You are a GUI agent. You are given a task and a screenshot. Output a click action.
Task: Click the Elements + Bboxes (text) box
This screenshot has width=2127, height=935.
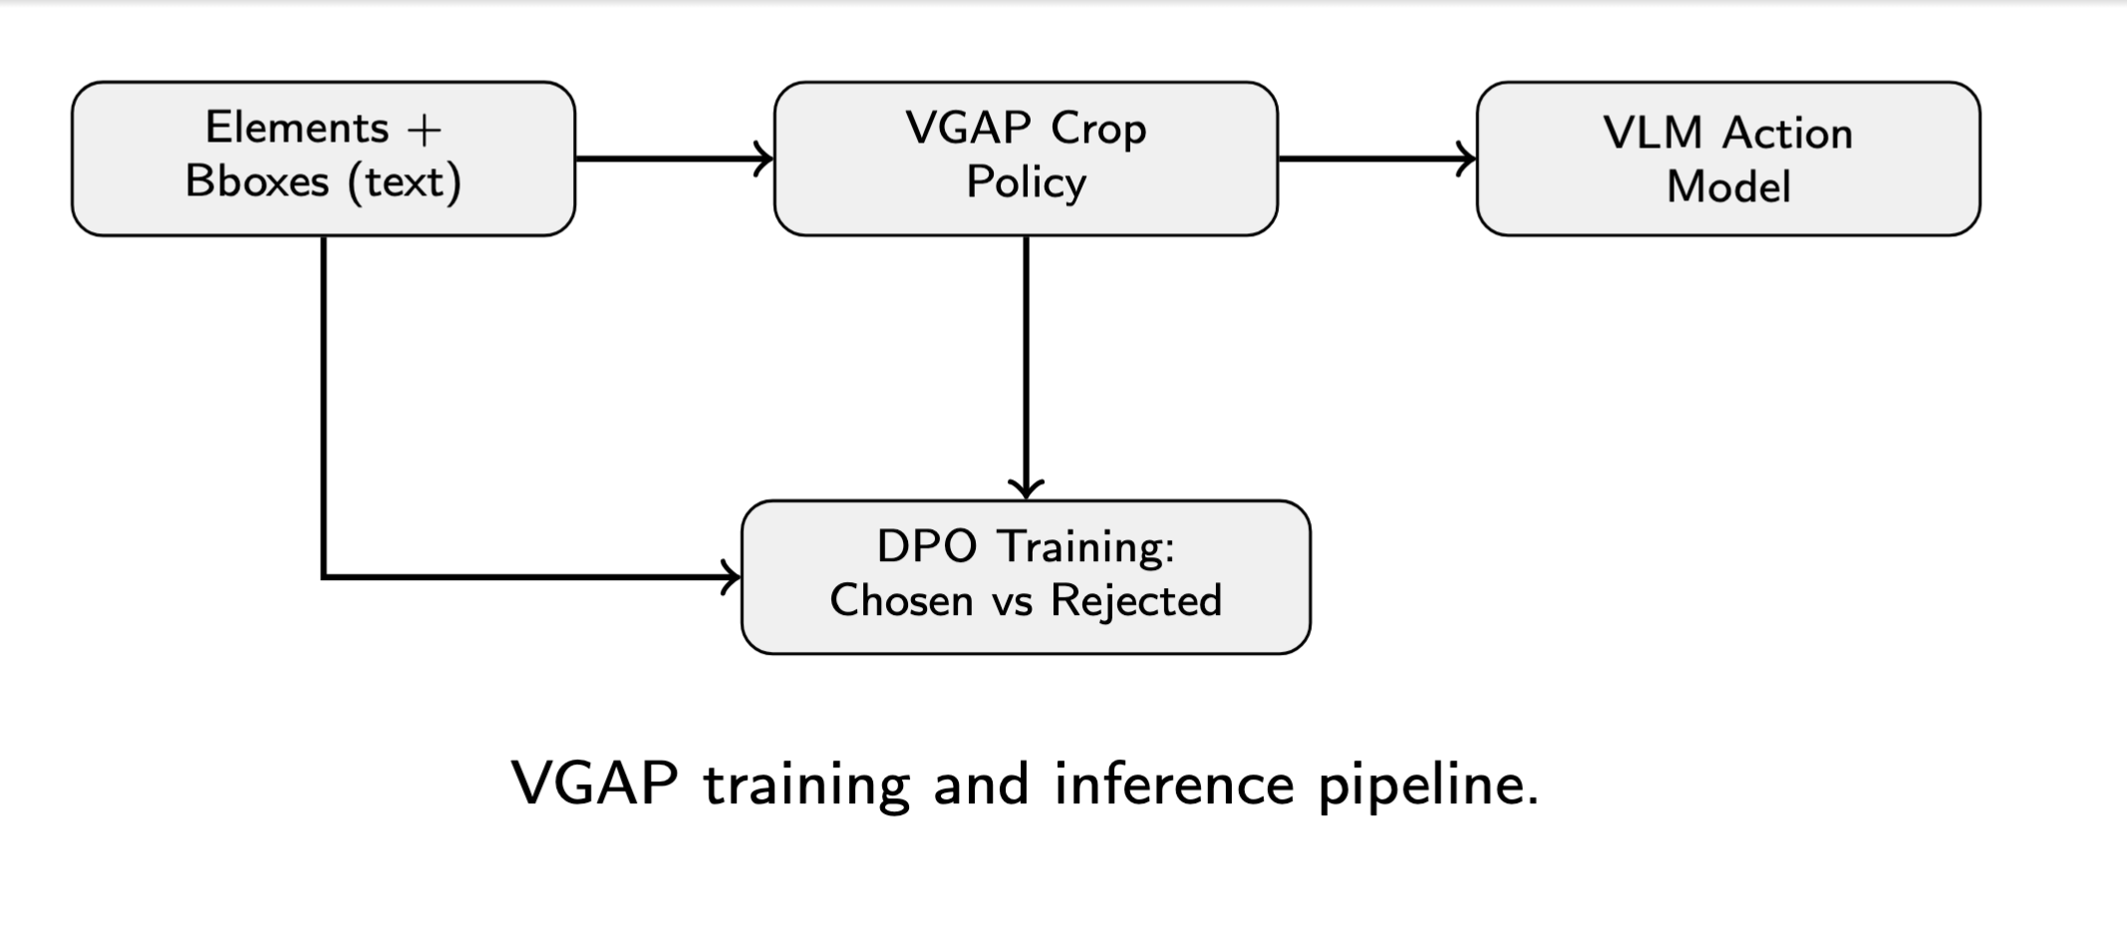pyautogui.click(x=323, y=158)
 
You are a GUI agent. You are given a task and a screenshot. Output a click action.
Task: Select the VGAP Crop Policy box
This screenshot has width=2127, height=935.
pyautogui.click(x=1025, y=158)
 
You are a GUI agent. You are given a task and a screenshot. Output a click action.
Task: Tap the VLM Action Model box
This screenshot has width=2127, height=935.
pyautogui.click(x=1727, y=158)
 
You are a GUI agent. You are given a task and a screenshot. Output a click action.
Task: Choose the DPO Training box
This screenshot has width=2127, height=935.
pyautogui.click(x=1025, y=577)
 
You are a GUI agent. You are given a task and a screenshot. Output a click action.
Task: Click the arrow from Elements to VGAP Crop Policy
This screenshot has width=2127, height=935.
pyautogui.click(x=673, y=158)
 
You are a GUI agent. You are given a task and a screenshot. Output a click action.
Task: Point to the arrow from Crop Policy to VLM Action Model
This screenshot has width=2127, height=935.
pyautogui.click(x=1375, y=158)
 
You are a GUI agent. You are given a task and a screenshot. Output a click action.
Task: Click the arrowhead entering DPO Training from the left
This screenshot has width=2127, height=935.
pyautogui.click(x=733, y=577)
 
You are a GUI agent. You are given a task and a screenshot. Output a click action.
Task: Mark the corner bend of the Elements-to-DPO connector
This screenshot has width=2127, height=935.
pyautogui.click(x=324, y=576)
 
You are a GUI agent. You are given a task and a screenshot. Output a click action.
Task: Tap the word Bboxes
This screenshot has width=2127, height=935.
pyautogui.click(x=257, y=182)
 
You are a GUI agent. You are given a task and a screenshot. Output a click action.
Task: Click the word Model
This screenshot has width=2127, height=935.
pyautogui.click(x=1728, y=187)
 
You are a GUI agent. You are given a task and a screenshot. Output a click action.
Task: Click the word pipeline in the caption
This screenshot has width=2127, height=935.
pyautogui.click(x=1427, y=785)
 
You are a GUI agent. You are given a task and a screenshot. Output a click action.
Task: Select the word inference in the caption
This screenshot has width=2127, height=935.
pyautogui.click(x=1174, y=783)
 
